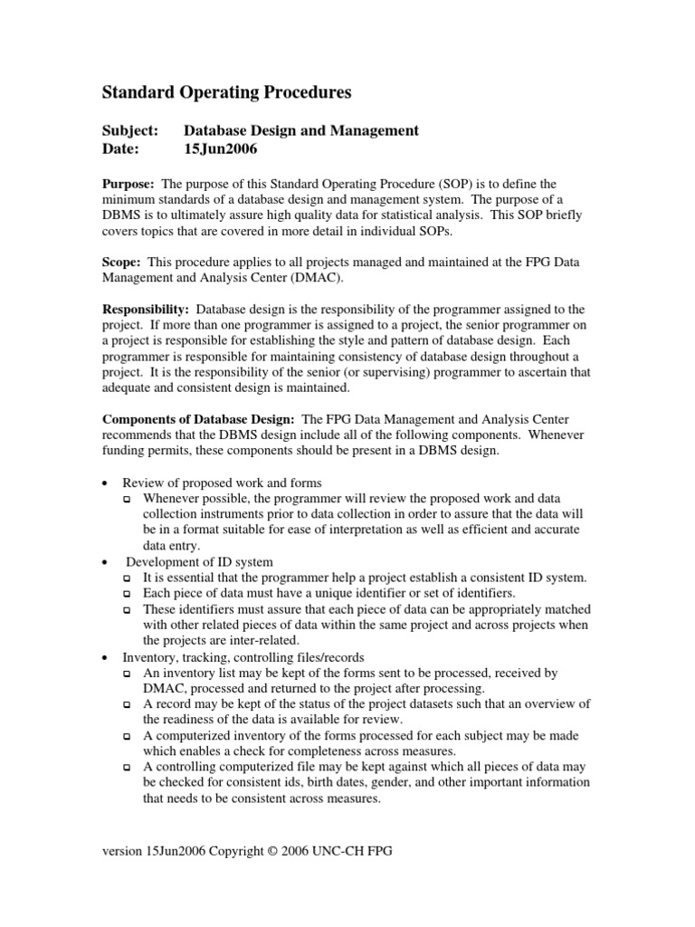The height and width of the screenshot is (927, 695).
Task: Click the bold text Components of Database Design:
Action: coord(197,418)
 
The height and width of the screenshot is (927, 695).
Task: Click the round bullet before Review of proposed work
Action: coord(107,483)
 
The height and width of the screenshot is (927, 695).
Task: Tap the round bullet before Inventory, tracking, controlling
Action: coord(107,657)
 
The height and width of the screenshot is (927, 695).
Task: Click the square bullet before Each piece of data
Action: coord(128,594)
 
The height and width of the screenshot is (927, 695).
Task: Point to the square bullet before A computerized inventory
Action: coord(128,736)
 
